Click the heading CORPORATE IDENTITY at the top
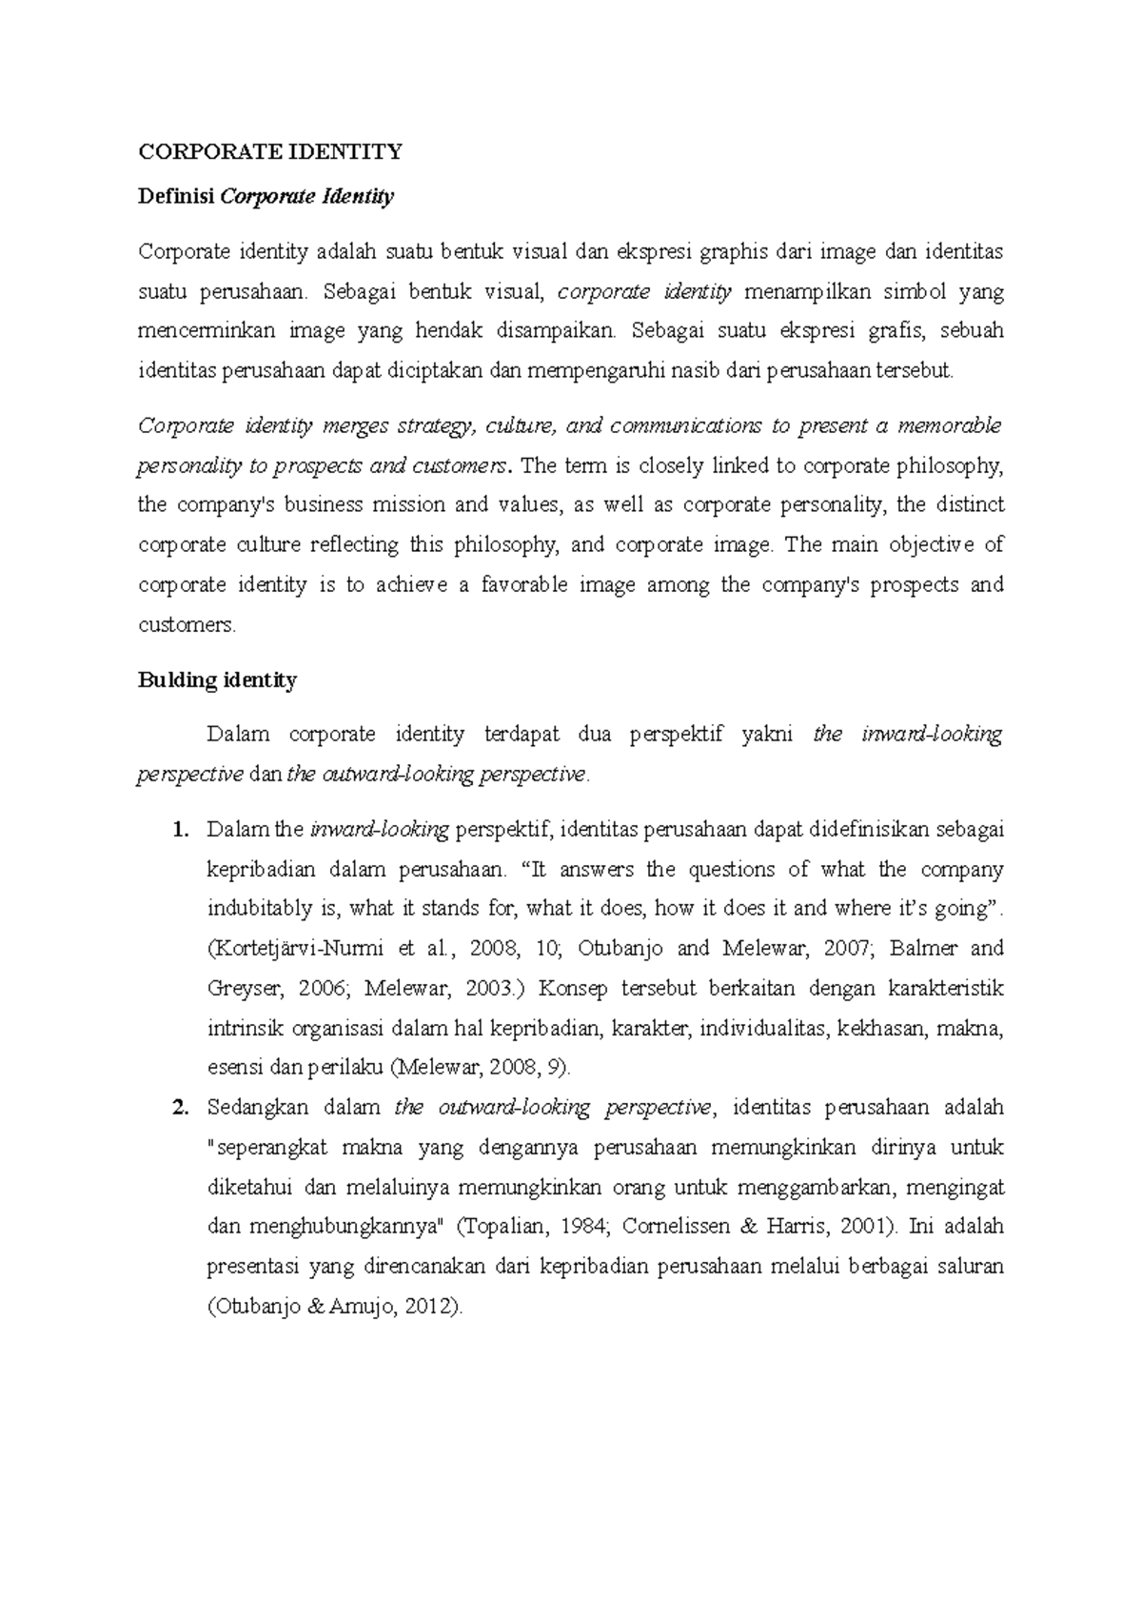270,151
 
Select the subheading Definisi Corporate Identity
266,197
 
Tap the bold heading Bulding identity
217,680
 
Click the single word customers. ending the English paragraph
187,625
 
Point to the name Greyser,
245,989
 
